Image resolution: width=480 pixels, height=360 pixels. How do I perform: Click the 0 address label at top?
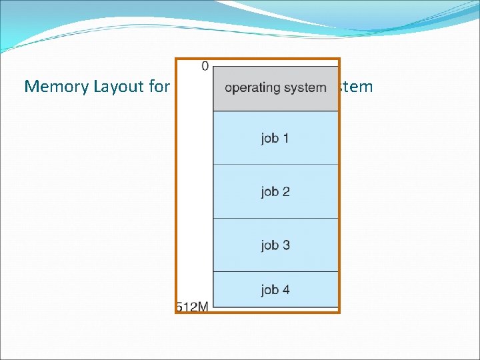pyautogui.click(x=205, y=66)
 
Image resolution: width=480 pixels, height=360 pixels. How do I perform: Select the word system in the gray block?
pyautogui.click(x=306, y=88)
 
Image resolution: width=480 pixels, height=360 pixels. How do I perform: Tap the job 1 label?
pyautogui.click(x=275, y=139)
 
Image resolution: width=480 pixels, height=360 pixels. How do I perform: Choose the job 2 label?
pyautogui.click(x=275, y=192)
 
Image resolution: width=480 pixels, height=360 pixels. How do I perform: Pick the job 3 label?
pyautogui.click(x=275, y=245)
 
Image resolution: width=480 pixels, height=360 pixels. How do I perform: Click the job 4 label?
pyautogui.click(x=275, y=290)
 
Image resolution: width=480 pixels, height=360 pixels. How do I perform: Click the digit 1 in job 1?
pyautogui.click(x=286, y=139)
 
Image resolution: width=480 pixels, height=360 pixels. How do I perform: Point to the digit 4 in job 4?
pyautogui.click(x=286, y=290)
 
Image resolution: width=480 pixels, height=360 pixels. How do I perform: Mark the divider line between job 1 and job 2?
pyautogui.click(x=275, y=165)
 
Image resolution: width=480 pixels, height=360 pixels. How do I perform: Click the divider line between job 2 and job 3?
pyautogui.click(x=275, y=218)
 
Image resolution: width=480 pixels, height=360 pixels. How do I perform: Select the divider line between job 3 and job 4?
pyautogui.click(x=275, y=271)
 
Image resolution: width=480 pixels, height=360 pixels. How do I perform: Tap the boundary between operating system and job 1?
pyautogui.click(x=275, y=111)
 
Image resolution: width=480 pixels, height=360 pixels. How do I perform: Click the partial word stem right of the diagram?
pyautogui.click(x=357, y=87)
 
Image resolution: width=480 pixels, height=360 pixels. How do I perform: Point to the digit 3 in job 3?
pyautogui.click(x=286, y=245)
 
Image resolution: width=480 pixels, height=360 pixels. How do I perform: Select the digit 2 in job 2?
pyautogui.click(x=286, y=192)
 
